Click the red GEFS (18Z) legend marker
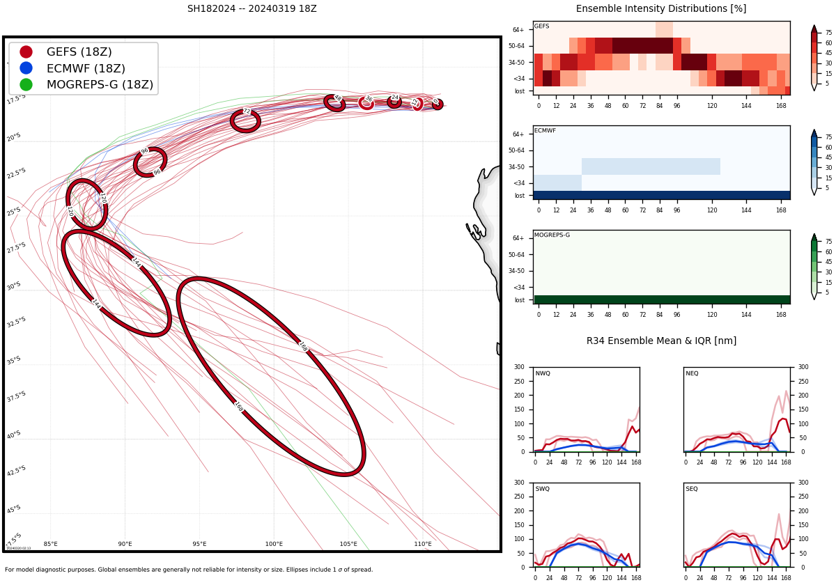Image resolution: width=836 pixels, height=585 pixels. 26,52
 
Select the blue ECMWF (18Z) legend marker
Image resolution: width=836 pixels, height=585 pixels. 26,68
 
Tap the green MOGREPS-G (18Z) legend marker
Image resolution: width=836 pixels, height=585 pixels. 26,84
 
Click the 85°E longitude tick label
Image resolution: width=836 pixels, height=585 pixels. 51,544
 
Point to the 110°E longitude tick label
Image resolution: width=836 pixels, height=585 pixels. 423,544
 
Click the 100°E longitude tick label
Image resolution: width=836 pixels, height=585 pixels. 274,544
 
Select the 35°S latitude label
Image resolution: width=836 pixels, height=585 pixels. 14,360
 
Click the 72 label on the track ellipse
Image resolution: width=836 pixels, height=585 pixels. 246,111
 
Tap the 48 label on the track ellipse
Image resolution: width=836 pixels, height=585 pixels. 337,98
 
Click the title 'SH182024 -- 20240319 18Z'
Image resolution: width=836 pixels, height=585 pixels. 251,9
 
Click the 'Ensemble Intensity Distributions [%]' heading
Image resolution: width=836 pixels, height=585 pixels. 661,9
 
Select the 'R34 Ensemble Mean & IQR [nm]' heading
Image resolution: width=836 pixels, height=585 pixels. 661,341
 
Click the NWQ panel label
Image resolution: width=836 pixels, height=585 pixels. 543,374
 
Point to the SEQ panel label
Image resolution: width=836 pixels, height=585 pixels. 692,490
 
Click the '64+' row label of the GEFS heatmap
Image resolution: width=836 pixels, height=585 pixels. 518,30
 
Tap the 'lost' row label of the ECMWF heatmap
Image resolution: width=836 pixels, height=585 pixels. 520,196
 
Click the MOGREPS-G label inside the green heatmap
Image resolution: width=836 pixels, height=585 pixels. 552,235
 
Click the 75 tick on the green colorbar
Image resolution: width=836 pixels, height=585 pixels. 829,242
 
